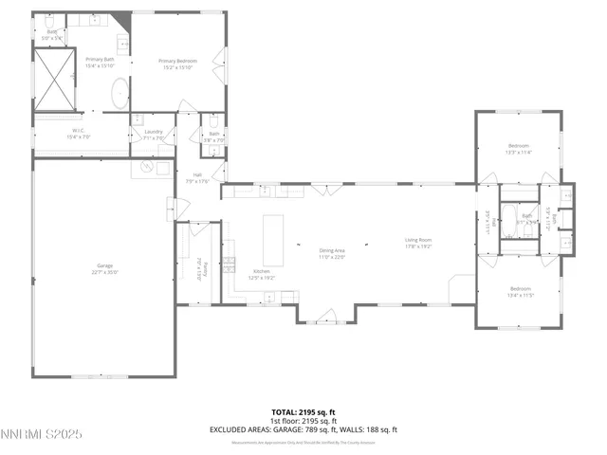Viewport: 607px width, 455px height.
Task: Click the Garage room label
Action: pyautogui.click(x=105, y=269)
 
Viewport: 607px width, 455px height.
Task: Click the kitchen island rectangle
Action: pyautogui.click(x=273, y=240)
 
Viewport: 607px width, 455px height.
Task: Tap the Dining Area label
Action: pyautogui.click(x=332, y=253)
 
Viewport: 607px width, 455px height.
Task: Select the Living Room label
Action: pyautogui.click(x=418, y=243)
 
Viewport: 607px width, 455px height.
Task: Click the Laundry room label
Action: pyautogui.click(x=154, y=135)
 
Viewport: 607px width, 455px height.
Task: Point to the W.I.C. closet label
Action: pyautogui.click(x=78, y=135)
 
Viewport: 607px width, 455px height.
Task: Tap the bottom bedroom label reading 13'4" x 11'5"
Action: pyautogui.click(x=520, y=291)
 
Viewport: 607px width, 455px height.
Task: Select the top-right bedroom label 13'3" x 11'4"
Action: pyautogui.click(x=518, y=148)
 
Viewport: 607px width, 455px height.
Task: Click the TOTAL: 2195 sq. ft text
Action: pyautogui.click(x=303, y=412)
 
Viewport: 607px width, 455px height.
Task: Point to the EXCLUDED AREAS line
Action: pyautogui.click(x=303, y=429)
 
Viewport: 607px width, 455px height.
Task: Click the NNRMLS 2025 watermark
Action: pyautogui.click(x=42, y=434)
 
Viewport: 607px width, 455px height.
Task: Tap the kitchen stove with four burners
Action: pyautogui.click(x=229, y=263)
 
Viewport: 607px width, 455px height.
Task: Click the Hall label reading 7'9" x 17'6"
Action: pyautogui.click(x=198, y=177)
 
